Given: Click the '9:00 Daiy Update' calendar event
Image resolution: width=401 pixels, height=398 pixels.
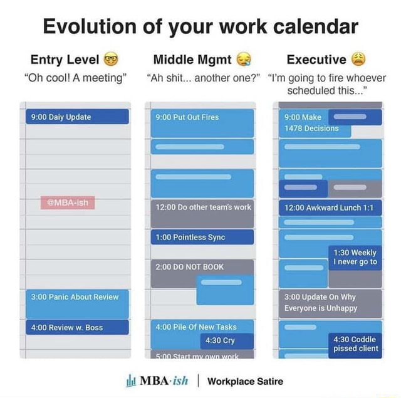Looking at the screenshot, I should pos(77,117).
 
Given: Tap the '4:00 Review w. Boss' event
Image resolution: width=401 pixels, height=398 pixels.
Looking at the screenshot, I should pos(77,327).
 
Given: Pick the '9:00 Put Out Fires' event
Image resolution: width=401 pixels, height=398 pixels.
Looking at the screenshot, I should pos(202,122).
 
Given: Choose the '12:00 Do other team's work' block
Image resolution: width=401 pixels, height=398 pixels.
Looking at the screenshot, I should pos(202,213).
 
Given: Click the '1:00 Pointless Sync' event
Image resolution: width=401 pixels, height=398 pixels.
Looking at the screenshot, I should pos(202,237).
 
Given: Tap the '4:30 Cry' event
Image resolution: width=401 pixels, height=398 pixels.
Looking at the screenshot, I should pos(226,340).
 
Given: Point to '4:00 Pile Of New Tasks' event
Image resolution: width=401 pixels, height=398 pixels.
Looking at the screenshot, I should pos(202,326).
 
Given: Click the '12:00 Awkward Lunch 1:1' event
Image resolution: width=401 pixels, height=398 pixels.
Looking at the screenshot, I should pos(330,207).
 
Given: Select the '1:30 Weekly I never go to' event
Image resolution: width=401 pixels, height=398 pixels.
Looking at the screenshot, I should pos(355,258).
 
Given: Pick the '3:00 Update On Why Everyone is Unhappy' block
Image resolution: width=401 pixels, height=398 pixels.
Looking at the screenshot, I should pos(330,303).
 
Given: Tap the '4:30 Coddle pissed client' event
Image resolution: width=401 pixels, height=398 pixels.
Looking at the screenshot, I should pos(355,344).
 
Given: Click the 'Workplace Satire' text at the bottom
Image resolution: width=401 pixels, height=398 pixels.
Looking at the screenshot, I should pos(245,380).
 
